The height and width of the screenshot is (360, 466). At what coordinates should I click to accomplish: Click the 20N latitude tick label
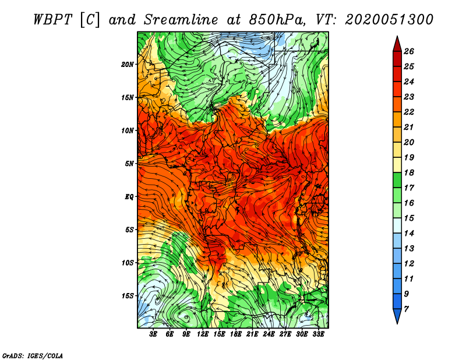tap(128, 65)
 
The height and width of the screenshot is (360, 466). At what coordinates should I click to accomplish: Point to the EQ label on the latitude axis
tap(129, 197)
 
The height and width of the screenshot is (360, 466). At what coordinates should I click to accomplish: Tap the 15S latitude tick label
tap(128, 296)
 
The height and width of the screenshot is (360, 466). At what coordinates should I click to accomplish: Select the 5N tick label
tap(129, 164)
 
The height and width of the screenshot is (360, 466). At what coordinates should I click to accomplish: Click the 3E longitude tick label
tap(153, 334)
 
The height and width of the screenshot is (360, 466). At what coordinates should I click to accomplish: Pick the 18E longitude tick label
tap(236, 334)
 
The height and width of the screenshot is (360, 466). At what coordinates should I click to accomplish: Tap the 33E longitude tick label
tap(318, 334)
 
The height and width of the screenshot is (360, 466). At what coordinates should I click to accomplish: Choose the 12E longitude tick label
tap(202, 334)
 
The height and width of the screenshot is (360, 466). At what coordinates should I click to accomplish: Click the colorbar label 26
tap(409, 51)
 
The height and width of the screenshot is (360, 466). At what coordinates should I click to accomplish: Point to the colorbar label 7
tap(406, 309)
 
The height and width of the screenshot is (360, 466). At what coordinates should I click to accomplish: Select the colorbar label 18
tap(409, 172)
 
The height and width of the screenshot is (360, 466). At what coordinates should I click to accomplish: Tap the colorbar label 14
tap(409, 234)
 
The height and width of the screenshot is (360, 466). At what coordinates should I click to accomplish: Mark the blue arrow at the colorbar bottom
tap(397, 316)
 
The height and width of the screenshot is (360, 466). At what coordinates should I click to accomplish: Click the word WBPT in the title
tap(52, 20)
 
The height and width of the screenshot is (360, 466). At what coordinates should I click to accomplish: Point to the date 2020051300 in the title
tap(389, 20)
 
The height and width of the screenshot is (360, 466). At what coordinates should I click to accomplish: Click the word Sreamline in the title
tap(181, 20)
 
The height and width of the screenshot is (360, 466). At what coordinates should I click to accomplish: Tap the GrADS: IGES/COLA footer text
tap(33, 355)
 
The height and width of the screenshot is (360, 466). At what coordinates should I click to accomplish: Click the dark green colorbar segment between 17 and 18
tap(397, 180)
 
